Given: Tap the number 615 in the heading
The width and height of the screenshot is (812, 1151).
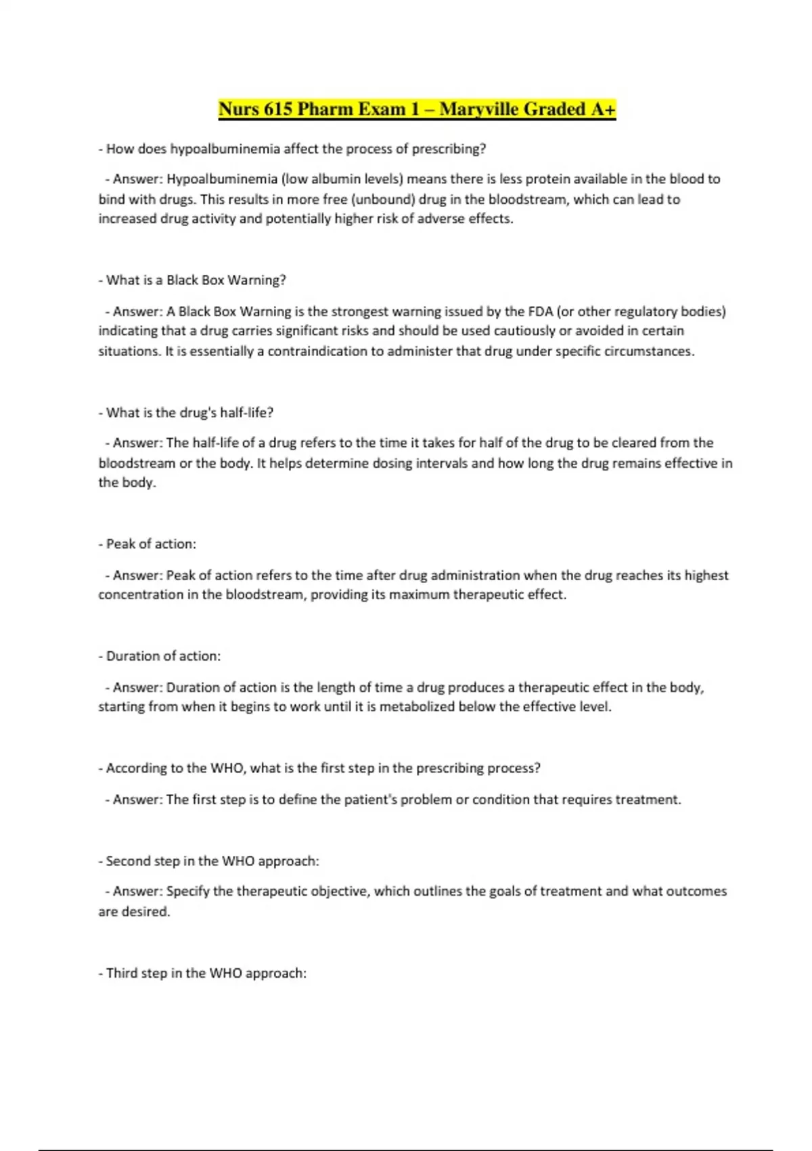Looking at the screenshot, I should (277, 109).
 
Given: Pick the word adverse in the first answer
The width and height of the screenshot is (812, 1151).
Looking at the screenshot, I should (442, 219).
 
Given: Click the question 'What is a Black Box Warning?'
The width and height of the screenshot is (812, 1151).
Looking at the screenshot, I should (192, 280).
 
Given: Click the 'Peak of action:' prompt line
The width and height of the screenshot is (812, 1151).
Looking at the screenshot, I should (148, 544).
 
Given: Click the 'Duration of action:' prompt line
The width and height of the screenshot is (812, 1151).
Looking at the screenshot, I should (160, 656).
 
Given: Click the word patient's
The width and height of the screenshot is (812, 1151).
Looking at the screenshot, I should (370, 800).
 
